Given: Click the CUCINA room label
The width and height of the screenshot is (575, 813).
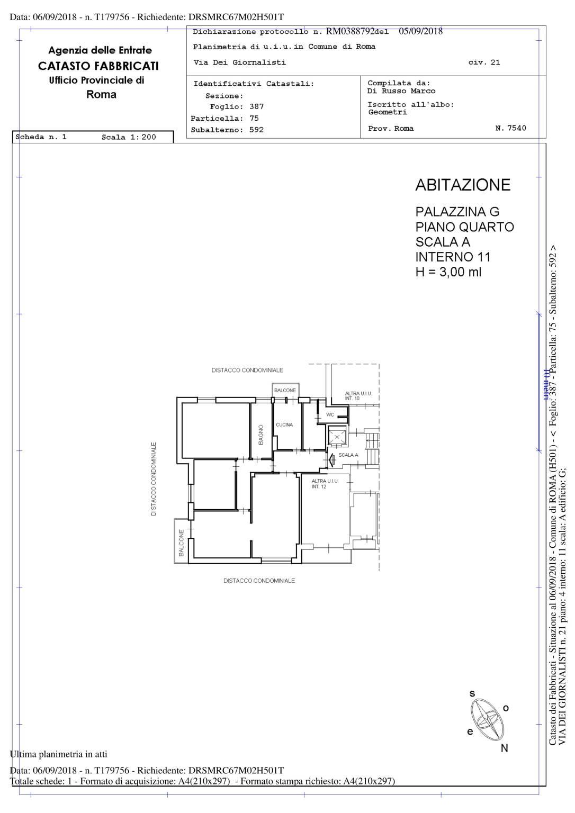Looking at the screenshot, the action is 284,424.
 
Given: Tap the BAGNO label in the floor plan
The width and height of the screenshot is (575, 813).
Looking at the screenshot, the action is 261,435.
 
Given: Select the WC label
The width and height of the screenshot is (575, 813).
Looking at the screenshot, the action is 330,414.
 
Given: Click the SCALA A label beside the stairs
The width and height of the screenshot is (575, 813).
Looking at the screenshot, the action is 348,455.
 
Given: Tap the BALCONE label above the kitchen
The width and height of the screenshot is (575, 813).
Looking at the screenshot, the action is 285,390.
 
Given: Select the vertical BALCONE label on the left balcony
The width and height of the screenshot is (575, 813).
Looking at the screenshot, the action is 182,543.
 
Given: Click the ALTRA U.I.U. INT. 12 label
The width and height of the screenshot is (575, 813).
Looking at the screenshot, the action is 325,483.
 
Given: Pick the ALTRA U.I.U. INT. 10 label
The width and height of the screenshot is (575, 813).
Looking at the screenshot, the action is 358,395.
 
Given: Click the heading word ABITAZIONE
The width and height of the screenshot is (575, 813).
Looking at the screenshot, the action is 463,185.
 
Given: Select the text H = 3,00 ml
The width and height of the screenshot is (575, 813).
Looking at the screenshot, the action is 448,272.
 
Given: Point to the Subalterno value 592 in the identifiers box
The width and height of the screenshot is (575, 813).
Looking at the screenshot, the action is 256,130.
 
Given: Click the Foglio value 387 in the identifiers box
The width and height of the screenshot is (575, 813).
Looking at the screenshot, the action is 256,106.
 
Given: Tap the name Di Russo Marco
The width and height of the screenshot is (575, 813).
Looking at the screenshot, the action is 401,91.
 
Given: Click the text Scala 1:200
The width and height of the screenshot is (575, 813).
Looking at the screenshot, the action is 129,137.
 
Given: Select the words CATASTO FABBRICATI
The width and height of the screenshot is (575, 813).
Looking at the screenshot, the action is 98,66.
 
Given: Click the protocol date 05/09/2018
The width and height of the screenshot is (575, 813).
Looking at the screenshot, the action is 421,31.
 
